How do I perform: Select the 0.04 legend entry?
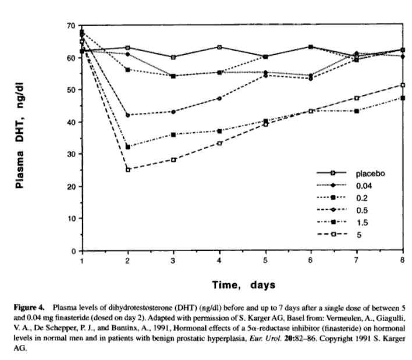coord(364,186)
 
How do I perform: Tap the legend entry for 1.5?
coord(362,223)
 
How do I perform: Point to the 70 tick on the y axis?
coord(71,26)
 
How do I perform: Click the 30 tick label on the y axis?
coord(71,155)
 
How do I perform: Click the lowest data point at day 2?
coord(127,170)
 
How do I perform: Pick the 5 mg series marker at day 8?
coord(403,85)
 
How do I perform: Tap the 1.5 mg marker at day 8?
coord(403,98)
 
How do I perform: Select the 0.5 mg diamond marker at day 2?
coord(127,115)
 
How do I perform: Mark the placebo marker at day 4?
coord(219,47)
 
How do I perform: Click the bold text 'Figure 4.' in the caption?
coord(30,305)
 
